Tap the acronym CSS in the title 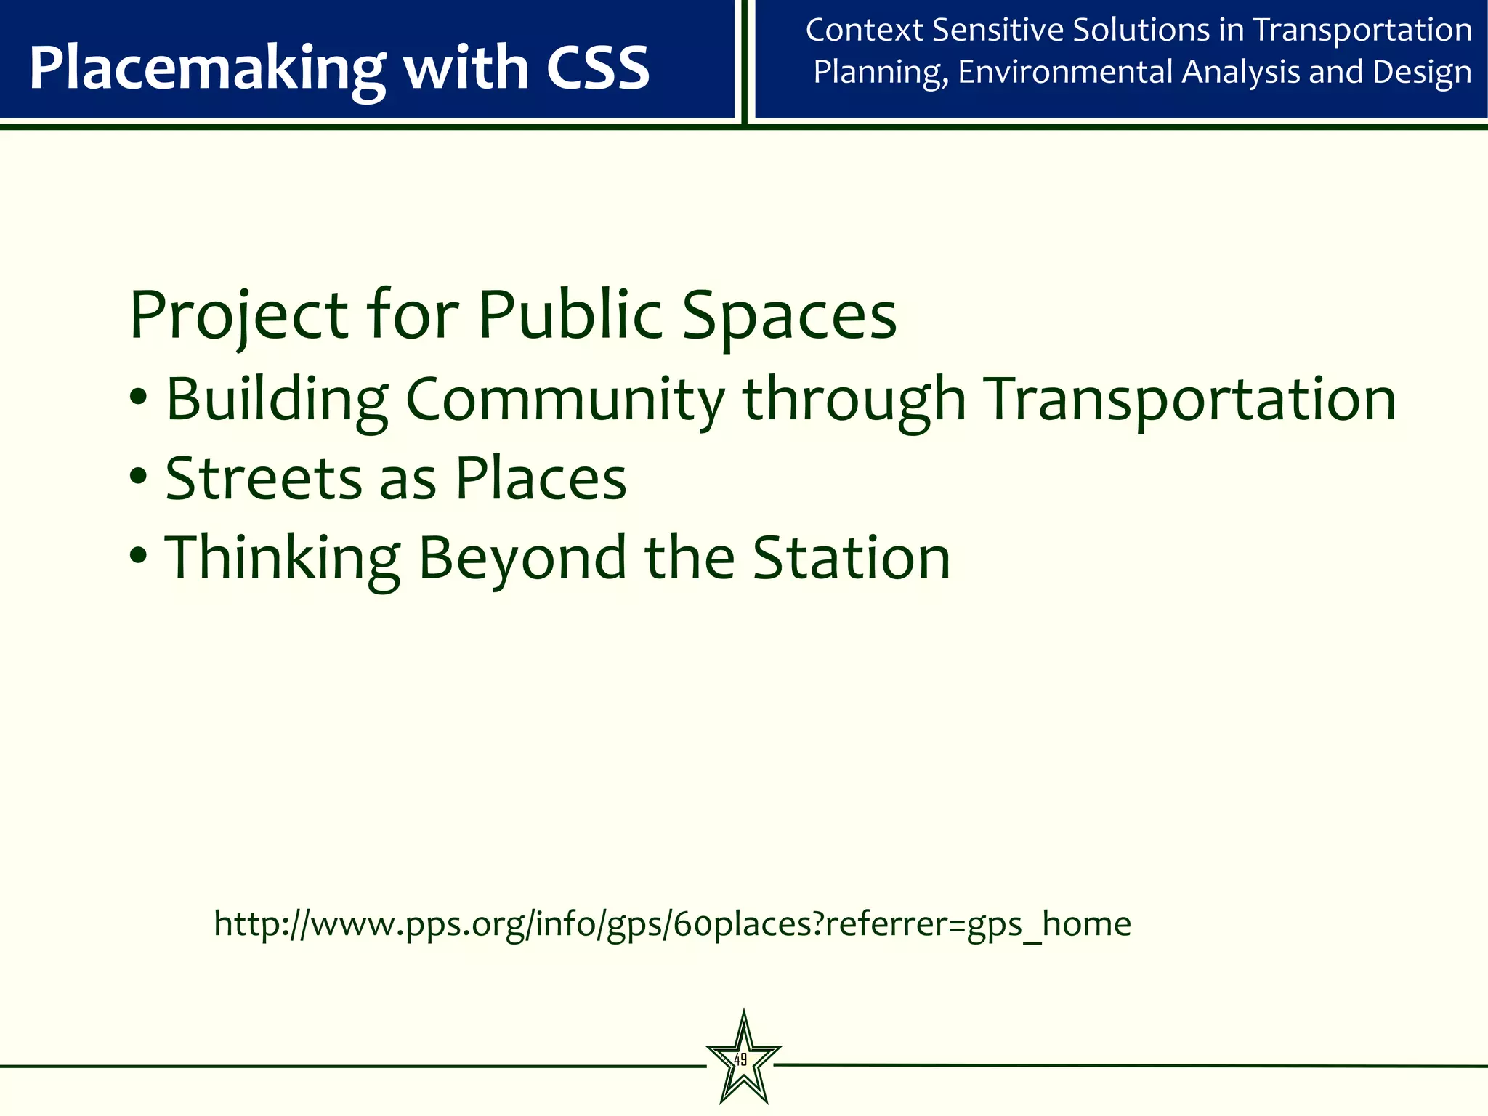point(597,68)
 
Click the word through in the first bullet point(854,400)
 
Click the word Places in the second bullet point(541,479)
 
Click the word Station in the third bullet point(851,558)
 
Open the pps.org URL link point(672,924)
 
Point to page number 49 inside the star point(740,1060)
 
